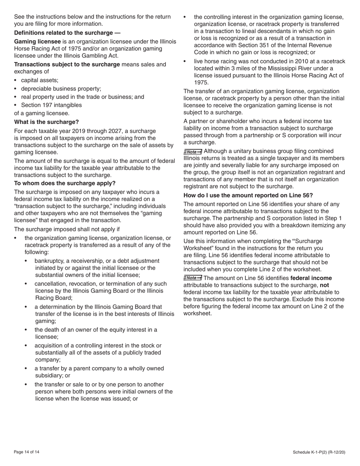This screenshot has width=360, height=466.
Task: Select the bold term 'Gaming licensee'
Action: [37, 41]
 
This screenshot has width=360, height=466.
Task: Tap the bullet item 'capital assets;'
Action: [39, 80]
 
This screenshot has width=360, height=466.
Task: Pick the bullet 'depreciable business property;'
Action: [61, 89]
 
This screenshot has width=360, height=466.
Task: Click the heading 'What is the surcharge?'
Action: [46, 122]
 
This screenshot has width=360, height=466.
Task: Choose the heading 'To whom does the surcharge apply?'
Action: [65, 183]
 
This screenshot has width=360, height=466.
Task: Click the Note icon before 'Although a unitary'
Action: [193, 151]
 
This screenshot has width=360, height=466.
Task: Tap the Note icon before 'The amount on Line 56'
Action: [193, 278]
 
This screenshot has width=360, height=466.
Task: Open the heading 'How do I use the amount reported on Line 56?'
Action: [248, 195]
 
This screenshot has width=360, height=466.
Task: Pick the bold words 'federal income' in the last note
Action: [311, 278]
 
